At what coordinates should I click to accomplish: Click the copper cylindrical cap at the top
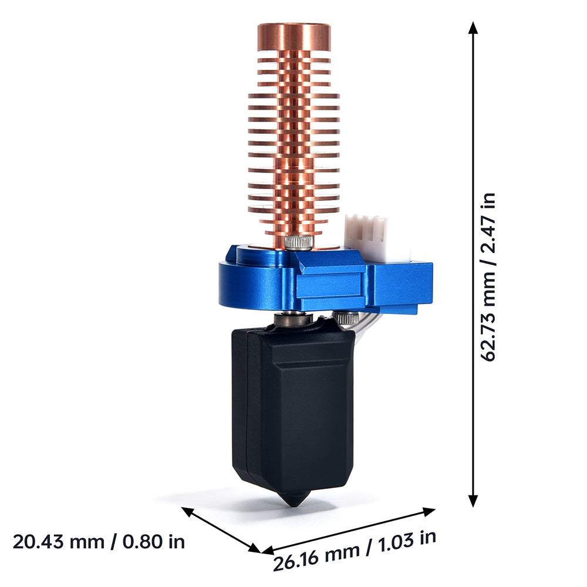tap(294, 37)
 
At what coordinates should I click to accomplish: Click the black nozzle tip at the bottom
tap(295, 498)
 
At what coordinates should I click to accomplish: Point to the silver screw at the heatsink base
tap(298, 242)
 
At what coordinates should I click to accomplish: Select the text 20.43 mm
tap(59, 542)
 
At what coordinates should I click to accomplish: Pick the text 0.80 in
tap(154, 542)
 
